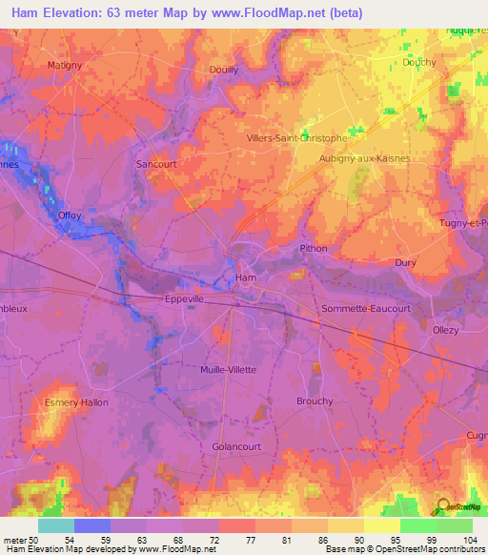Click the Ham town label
point(246,278)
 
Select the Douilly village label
point(223,70)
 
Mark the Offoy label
point(70,216)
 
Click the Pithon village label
point(314,249)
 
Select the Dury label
point(406,262)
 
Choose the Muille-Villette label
point(229,369)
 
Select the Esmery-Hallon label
point(76,402)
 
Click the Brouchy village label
point(315,401)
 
